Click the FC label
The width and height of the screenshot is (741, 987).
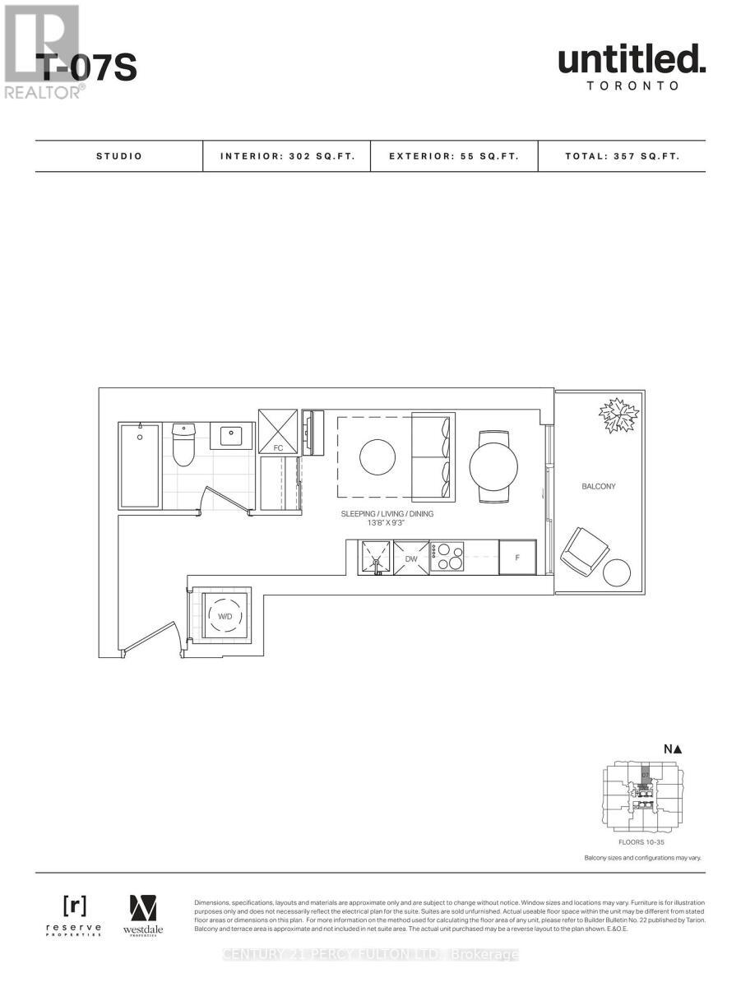(278, 448)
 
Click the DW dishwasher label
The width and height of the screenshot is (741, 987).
(411, 559)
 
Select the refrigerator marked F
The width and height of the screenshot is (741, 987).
(517, 557)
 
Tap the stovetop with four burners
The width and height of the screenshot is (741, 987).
(447, 557)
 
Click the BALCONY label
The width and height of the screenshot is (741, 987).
(599, 487)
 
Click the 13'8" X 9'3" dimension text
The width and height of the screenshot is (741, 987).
(387, 524)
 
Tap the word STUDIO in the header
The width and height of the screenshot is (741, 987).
(118, 155)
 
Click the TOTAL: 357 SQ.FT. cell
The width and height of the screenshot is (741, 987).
(622, 155)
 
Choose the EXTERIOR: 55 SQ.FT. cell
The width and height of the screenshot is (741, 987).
(454, 155)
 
